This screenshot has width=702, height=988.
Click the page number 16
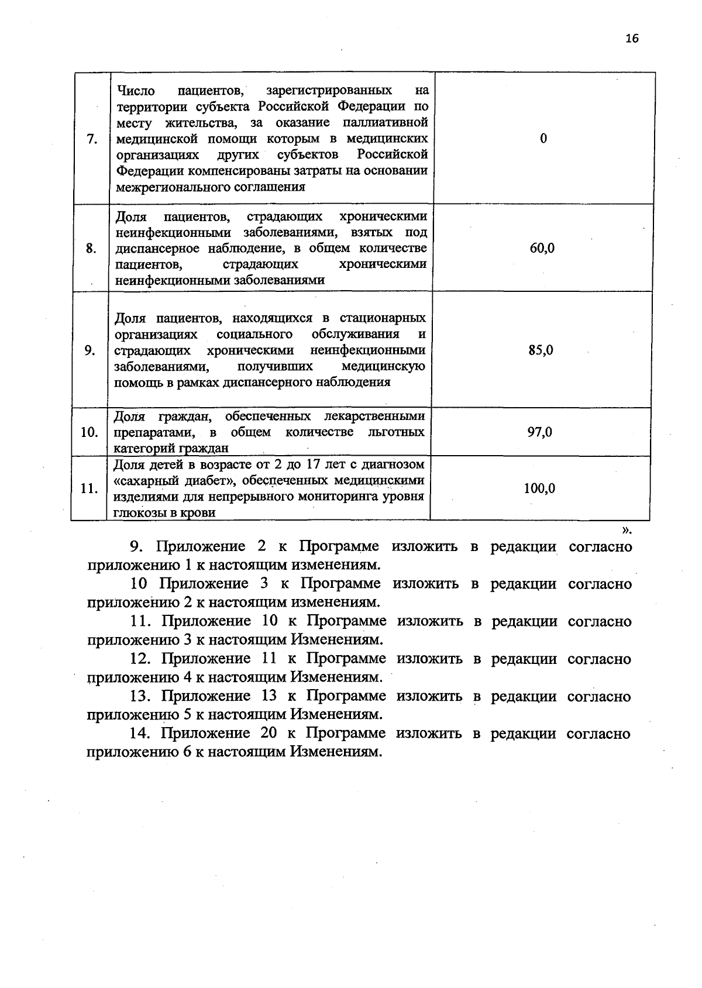[x=632, y=39]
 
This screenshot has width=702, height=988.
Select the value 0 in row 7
[x=543, y=139]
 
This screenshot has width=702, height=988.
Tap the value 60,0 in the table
[x=542, y=248]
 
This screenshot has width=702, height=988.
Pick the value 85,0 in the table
[x=541, y=350]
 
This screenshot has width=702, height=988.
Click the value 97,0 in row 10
[x=540, y=432]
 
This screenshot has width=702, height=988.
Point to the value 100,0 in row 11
[x=539, y=488]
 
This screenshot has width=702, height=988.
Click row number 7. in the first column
[x=91, y=139]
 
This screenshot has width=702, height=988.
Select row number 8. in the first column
[x=91, y=248]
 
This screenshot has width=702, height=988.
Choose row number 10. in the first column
[x=89, y=433]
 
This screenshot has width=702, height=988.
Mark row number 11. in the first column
[x=88, y=488]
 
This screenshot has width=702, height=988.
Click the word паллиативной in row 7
[x=390, y=123]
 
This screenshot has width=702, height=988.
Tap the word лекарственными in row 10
[x=374, y=416]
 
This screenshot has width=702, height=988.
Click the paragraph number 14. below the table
[x=141, y=734]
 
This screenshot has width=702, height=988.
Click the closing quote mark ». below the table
[x=627, y=530]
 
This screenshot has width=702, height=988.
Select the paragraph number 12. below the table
[x=141, y=659]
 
